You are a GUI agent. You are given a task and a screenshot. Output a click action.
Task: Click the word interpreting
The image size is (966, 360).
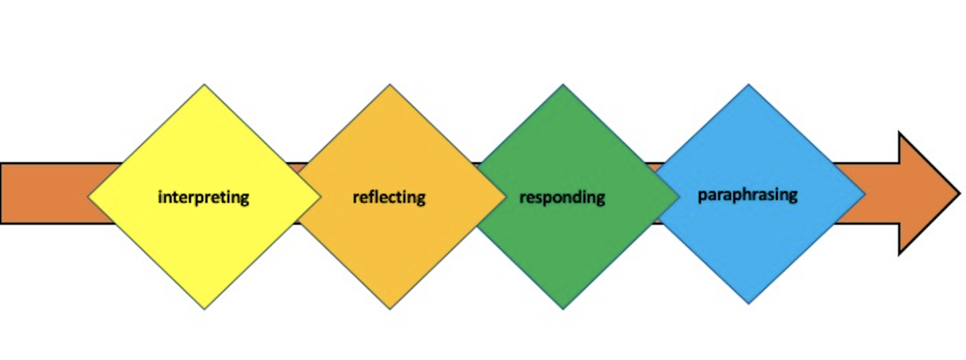tap(203, 197)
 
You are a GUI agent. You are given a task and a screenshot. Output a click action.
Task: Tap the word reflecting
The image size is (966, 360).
tap(389, 197)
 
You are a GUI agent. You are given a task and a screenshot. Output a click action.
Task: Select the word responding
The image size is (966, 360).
tap(562, 197)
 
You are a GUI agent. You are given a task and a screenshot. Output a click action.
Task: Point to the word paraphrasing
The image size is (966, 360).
tap(748, 194)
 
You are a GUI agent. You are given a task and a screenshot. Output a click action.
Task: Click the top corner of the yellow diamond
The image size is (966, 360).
tap(204, 85)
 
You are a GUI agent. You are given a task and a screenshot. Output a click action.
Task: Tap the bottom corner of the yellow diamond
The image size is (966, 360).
tap(204, 309)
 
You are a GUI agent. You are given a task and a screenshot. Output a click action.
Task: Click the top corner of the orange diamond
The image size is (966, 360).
tap(390, 85)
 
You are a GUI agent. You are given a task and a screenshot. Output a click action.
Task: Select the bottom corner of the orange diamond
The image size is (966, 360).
tap(390, 309)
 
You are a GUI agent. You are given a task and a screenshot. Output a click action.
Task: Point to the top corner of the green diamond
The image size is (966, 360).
tap(563, 85)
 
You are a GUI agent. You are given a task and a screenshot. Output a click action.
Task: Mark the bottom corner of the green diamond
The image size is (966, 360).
tap(563, 309)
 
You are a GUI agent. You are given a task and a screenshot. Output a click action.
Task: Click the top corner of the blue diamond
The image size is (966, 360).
tap(749, 85)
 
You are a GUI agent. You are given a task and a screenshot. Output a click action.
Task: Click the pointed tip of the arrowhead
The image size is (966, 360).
tap(958, 193)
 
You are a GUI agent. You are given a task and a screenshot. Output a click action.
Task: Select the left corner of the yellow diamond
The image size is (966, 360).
tap(89, 197)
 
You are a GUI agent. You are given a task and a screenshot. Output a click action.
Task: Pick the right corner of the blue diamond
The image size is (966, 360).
tap(864, 194)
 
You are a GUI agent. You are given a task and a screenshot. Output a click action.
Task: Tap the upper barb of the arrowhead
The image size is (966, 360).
tap(900, 134)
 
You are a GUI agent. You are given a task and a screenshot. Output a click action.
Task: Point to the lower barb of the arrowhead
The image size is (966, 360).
tap(900, 252)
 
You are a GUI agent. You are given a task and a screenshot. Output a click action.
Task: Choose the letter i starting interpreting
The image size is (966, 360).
tap(160, 196)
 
